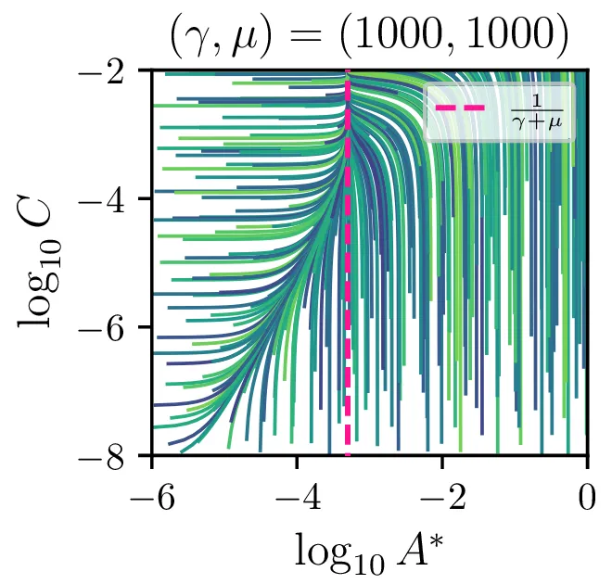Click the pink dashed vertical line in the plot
tap(348, 278)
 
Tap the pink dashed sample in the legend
tap(460, 109)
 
